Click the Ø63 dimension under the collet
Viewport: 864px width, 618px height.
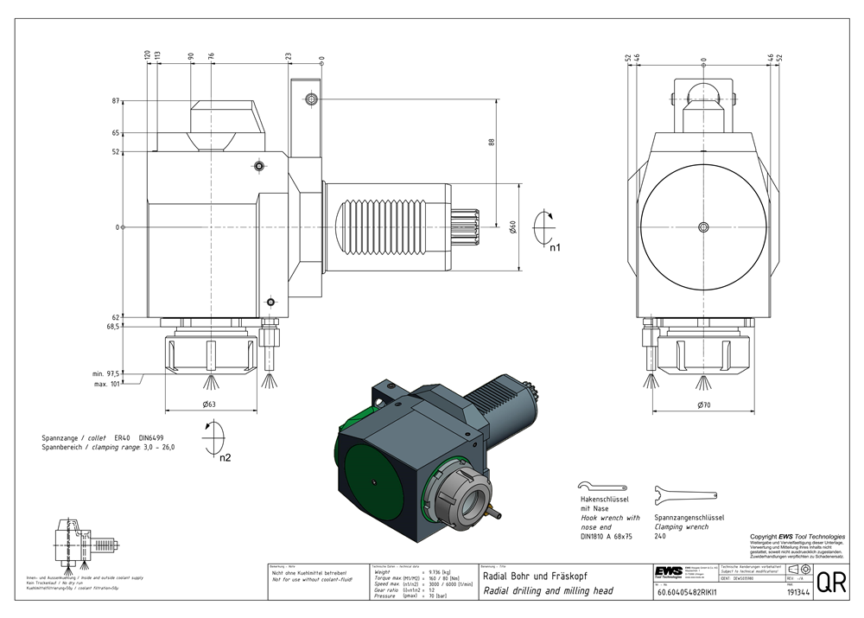pos(208,405)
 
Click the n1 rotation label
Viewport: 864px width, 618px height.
pos(555,247)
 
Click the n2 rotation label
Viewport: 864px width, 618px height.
pos(225,457)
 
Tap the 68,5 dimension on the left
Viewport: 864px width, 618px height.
pos(113,327)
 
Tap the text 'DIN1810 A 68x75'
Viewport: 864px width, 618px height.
pos(606,536)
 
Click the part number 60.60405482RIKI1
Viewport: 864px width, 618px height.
pos(694,593)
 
